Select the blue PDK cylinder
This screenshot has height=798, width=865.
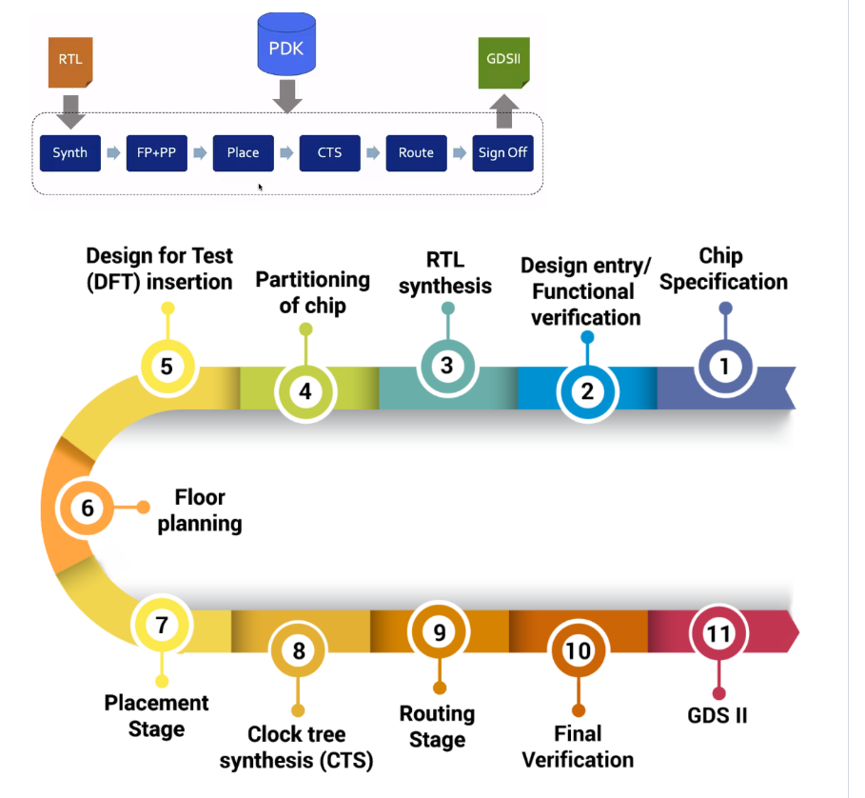tap(286, 46)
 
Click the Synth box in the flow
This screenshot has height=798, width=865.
tap(70, 152)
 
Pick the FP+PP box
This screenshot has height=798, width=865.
tap(156, 152)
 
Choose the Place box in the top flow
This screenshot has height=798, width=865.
tap(243, 152)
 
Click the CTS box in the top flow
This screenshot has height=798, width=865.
tap(329, 152)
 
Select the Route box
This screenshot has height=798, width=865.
tap(416, 152)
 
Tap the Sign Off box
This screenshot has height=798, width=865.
tap(502, 152)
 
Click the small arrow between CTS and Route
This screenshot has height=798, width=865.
tap(373, 152)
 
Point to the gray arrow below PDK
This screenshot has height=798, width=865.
tap(286, 95)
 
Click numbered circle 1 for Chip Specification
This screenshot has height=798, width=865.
tap(725, 365)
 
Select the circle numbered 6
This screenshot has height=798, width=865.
tap(87, 508)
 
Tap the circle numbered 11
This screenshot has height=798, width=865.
tap(718, 633)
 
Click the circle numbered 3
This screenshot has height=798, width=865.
tap(446, 365)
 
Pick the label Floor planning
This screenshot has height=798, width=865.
tap(200, 510)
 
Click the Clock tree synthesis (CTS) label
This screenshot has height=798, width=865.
tap(296, 748)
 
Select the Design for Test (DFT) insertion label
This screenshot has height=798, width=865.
tap(159, 269)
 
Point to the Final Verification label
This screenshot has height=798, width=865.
tap(578, 747)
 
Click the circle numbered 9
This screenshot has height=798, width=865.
tap(439, 633)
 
